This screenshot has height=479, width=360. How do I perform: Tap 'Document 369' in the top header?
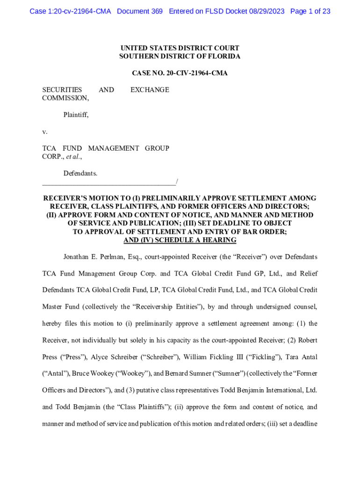pyautogui.click(x=140, y=11)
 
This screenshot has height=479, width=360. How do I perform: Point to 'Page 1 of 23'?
pyautogui.click(x=310, y=11)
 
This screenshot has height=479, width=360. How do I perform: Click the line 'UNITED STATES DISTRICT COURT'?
pyautogui.click(x=180, y=48)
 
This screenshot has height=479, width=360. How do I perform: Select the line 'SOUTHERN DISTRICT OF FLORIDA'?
pyautogui.click(x=180, y=57)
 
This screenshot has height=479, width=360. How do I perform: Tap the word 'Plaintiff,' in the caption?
pyautogui.click(x=76, y=115)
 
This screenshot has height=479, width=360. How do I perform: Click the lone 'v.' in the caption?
pyautogui.click(x=45, y=131)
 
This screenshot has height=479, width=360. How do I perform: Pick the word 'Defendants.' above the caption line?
pyautogui.click(x=80, y=174)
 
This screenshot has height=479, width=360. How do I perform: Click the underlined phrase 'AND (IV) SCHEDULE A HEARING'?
pyautogui.click(x=180, y=240)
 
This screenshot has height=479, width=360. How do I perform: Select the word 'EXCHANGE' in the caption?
pyautogui.click(x=150, y=90)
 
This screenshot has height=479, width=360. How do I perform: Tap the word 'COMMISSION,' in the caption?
pyautogui.click(x=65, y=98)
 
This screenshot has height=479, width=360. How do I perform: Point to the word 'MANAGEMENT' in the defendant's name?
pyautogui.click(x=114, y=148)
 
